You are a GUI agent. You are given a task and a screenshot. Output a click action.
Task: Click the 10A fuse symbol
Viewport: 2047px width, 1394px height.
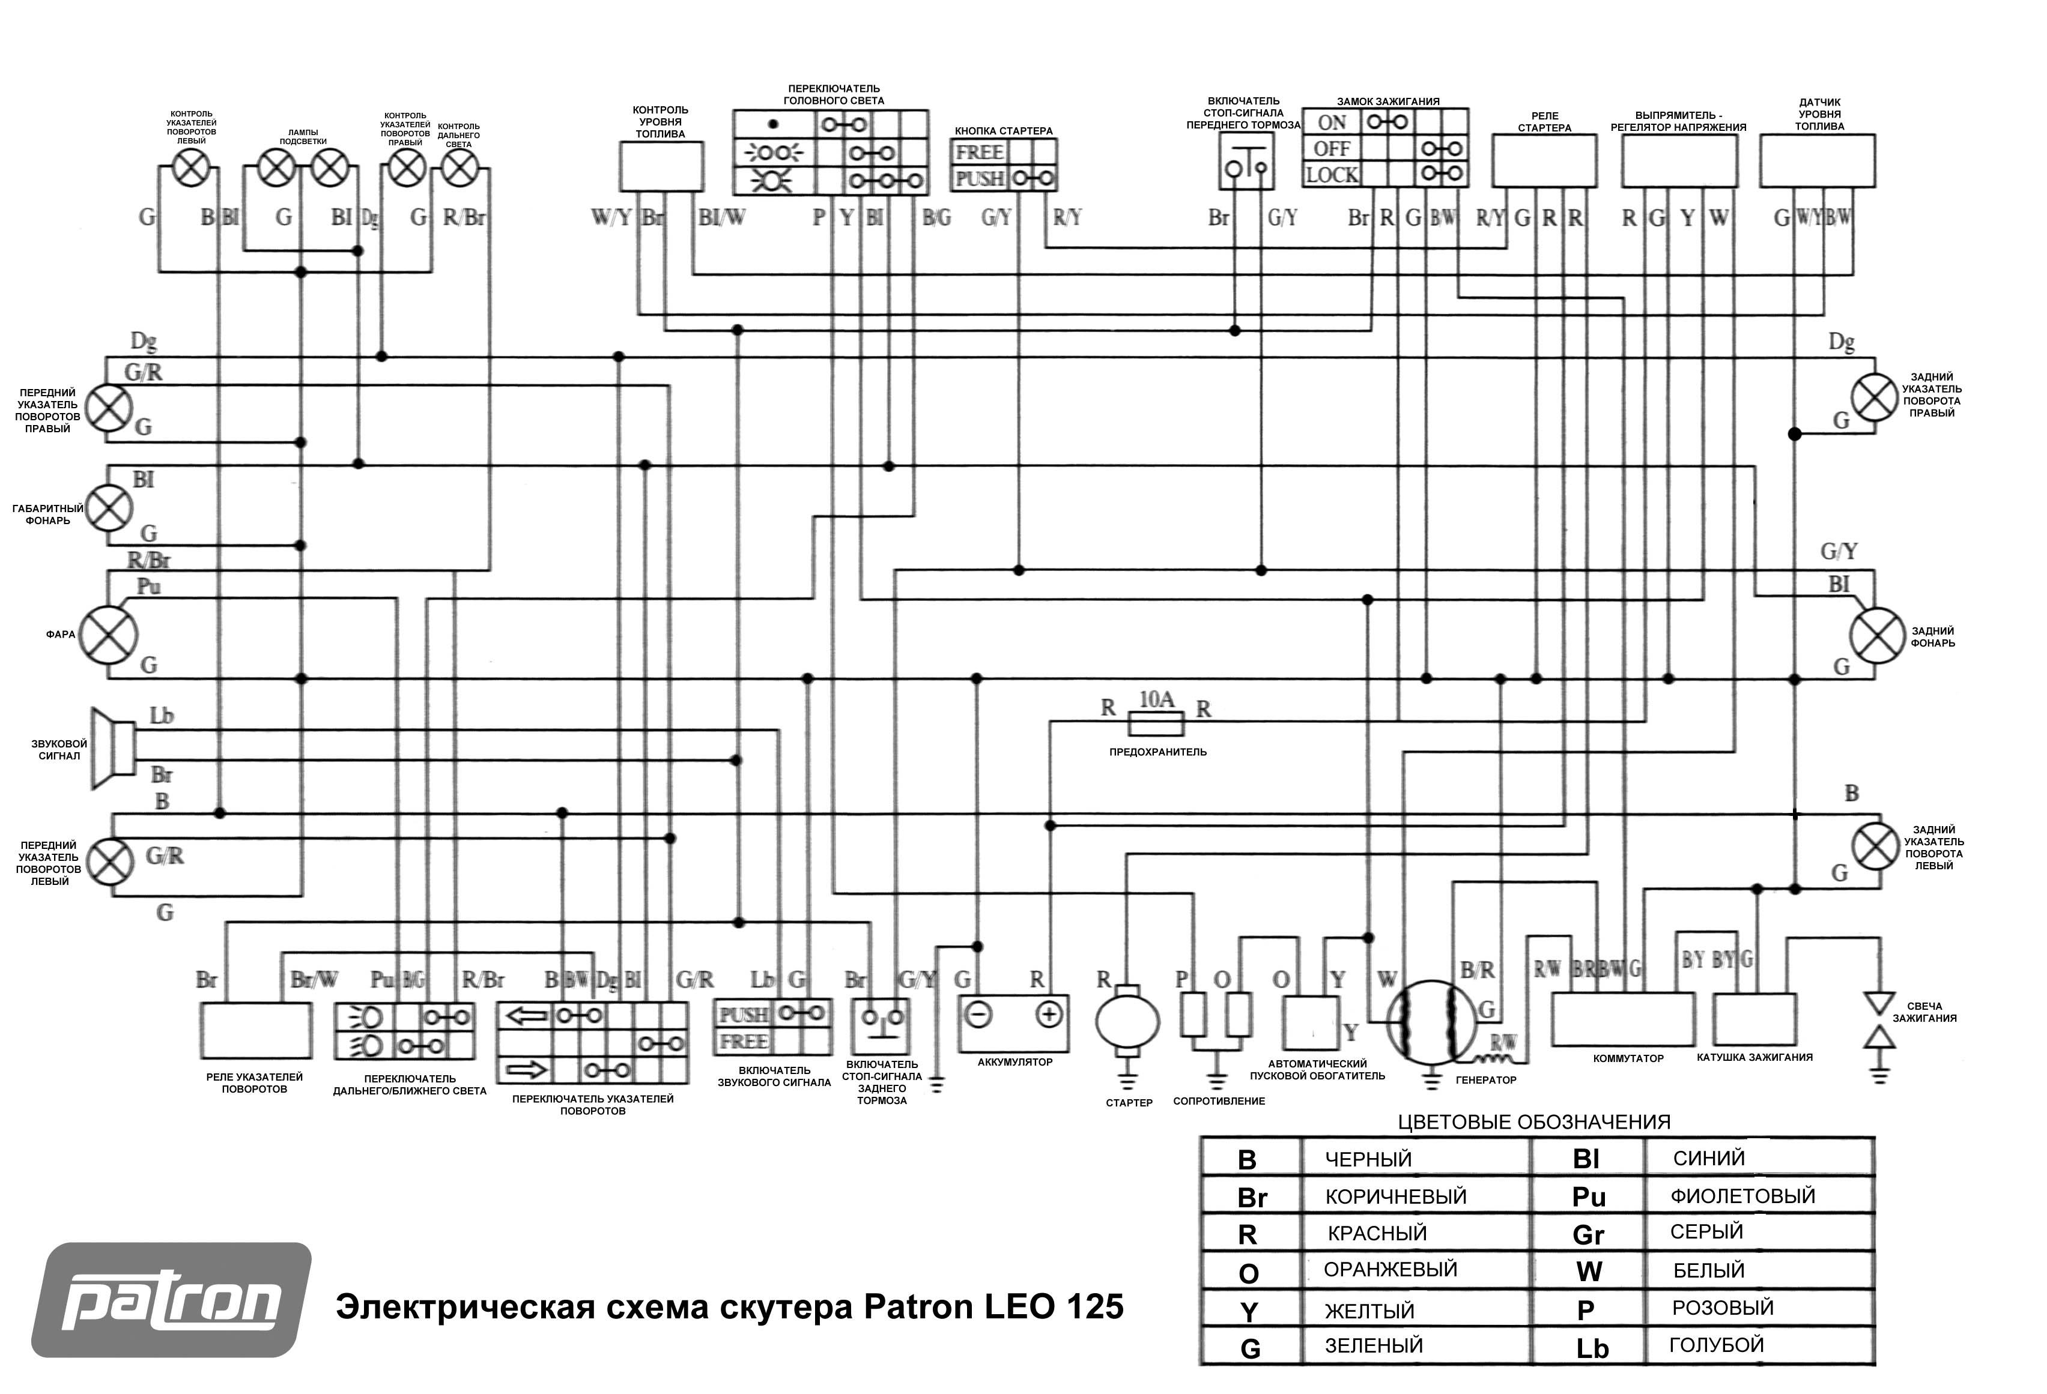pos(1156,725)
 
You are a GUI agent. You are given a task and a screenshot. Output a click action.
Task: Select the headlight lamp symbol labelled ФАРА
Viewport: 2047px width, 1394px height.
pos(108,635)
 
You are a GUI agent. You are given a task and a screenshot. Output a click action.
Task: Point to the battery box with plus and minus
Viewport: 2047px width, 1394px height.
pos(1013,1024)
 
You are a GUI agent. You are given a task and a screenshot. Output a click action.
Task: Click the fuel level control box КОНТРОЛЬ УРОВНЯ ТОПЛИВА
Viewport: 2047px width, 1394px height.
pos(661,166)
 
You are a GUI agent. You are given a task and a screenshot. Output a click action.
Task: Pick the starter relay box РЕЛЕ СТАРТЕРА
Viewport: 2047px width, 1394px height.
pos(1544,161)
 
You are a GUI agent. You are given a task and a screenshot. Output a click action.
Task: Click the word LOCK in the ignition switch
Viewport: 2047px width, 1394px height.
pos(1331,175)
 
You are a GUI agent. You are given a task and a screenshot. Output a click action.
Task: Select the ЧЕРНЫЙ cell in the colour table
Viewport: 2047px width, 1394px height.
pos(1368,1159)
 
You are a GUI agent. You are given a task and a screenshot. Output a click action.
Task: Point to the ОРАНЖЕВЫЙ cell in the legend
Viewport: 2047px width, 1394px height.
pos(1390,1269)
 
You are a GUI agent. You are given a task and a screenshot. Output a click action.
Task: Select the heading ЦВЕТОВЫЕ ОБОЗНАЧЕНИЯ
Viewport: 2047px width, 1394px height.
pos(1533,1122)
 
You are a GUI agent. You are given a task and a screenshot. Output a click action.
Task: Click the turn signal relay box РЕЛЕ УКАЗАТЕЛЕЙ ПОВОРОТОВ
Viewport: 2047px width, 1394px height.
pos(255,1030)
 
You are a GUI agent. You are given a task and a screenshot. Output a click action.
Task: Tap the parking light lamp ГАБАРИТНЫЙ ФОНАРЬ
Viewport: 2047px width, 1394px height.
pos(108,508)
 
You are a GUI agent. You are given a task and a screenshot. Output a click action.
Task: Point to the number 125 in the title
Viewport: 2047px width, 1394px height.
pos(1095,1306)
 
